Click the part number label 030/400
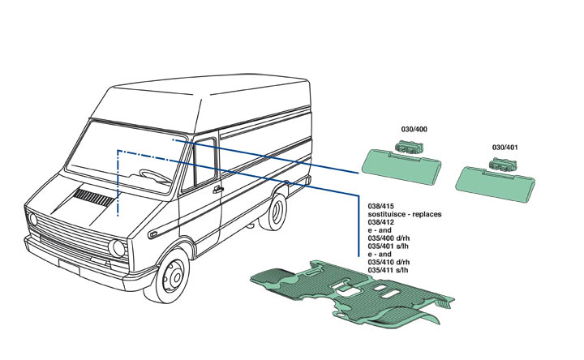414,130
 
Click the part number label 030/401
505,148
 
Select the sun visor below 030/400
401,165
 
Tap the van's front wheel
172,276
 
